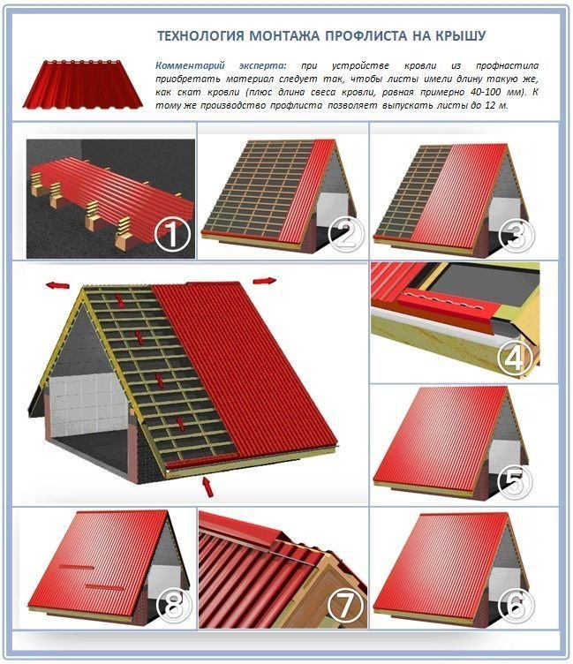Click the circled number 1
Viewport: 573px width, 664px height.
[x=171, y=235]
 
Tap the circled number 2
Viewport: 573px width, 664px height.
[x=346, y=235]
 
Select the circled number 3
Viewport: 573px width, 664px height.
[x=516, y=235]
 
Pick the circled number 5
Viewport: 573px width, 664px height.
[x=515, y=483]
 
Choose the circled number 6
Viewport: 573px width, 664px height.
[x=516, y=605]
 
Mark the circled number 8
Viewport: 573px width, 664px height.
[x=174, y=605]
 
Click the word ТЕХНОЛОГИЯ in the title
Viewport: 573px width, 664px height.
[x=200, y=36]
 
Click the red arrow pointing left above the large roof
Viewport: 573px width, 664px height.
[x=58, y=285]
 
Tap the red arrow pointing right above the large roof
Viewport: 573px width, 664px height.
[x=265, y=280]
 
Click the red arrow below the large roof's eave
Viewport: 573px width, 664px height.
[x=208, y=487]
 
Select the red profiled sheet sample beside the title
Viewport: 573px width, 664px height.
[x=83, y=84]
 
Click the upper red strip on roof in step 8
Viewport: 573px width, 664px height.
[x=77, y=567]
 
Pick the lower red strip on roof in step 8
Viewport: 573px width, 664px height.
[x=104, y=587]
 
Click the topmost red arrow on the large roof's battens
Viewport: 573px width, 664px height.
[x=121, y=301]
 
